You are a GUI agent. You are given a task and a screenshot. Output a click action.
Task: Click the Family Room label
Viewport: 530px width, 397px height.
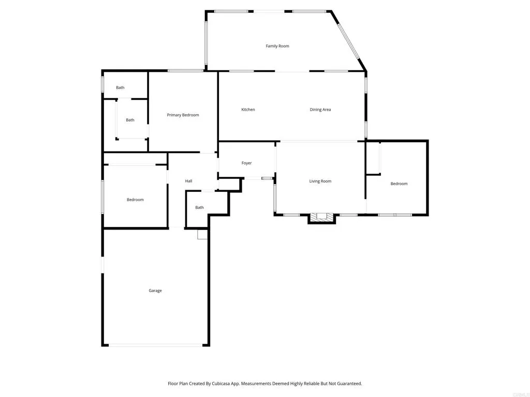277,46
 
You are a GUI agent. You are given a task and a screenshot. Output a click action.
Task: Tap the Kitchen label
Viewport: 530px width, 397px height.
248,110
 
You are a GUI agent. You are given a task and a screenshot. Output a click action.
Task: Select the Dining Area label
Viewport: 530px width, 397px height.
320,110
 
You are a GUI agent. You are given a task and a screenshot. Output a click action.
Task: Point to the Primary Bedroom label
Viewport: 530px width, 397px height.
183,115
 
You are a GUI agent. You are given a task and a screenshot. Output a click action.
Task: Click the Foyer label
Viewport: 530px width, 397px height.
246,163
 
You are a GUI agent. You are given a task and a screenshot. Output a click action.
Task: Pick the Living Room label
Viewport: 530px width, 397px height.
320,181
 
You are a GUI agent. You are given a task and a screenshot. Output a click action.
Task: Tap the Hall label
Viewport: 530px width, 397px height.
188,181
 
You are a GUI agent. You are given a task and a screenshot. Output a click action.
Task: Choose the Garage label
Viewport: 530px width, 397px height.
155,291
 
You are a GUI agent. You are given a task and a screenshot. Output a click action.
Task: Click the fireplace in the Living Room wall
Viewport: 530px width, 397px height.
322,218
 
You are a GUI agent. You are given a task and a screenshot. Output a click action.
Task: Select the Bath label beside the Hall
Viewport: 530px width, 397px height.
199,208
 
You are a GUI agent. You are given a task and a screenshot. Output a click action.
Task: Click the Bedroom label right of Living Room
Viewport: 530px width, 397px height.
399,184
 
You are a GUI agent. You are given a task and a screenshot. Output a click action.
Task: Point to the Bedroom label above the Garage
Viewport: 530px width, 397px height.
135,200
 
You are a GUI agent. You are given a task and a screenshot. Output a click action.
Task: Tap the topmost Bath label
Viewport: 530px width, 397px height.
120,88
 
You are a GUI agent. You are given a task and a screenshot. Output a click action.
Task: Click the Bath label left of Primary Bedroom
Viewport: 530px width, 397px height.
130,120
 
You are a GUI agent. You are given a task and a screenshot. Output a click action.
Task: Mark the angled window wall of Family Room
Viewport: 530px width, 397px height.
348,41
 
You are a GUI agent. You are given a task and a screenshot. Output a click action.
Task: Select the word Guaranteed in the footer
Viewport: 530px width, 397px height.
347,384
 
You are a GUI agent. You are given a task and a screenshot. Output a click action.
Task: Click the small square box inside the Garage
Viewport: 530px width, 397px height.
202,235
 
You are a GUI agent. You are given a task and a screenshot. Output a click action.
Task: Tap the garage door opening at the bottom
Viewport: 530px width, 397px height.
155,345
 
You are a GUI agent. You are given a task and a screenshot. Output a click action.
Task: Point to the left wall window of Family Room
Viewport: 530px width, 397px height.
206,40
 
